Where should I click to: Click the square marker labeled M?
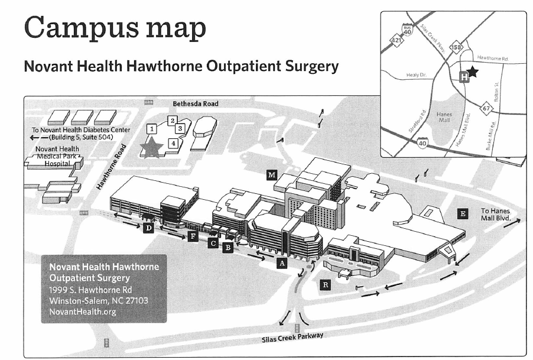pyautogui.click(x=272, y=174)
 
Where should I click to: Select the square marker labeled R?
pyautogui.click(x=326, y=285)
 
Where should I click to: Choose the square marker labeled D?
pyautogui.click(x=149, y=228)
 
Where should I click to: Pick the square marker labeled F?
pyautogui.click(x=192, y=238)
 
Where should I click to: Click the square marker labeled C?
pyautogui.click(x=213, y=243)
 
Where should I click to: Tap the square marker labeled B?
pyautogui.click(x=227, y=248)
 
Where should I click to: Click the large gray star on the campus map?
pyautogui.click(x=151, y=147)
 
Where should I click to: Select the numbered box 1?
pyautogui.click(x=152, y=128)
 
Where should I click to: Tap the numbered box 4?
pyautogui.click(x=173, y=142)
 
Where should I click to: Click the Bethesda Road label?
pyautogui.click(x=195, y=104)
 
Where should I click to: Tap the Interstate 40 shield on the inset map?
pyautogui.click(x=422, y=142)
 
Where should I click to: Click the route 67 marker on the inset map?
pyautogui.click(x=486, y=108)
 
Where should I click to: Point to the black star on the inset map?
pyautogui.click(x=473, y=72)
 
